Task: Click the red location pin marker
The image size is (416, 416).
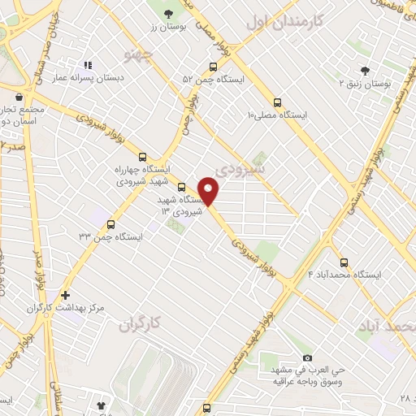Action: [210, 192]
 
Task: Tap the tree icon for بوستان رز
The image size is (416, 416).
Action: [168, 13]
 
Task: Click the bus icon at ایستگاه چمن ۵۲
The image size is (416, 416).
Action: [213, 67]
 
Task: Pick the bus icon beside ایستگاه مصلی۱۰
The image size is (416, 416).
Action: [278, 102]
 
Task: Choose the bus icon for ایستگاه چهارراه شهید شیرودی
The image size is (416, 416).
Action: [143, 155]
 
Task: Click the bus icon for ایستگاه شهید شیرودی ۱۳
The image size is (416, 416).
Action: [181, 184]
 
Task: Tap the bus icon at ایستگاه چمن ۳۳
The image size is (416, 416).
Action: [111, 223]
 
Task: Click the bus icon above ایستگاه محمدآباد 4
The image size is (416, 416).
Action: [344, 262]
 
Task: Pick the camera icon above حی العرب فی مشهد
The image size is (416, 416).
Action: [307, 357]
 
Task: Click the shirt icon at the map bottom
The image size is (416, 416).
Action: [101, 403]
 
